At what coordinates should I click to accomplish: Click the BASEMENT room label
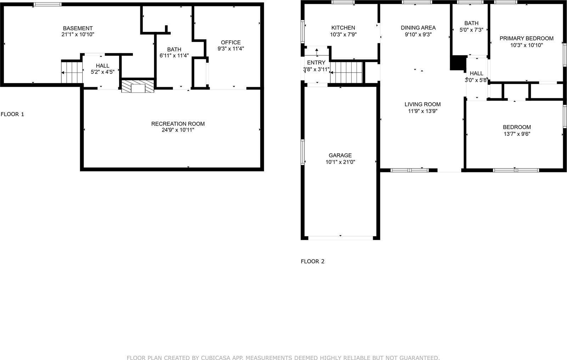point(78,28)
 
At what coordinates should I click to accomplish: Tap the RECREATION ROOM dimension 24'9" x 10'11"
point(178,130)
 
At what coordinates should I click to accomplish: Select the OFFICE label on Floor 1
point(231,42)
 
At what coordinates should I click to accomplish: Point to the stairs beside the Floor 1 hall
point(72,72)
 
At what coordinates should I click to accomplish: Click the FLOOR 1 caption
point(12,114)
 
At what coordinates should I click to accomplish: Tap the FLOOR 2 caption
point(313,261)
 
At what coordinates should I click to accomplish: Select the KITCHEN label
point(343,28)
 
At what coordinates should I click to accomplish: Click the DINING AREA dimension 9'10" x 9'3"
point(418,34)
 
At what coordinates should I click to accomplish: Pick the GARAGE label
point(340,155)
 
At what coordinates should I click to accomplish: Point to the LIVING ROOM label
point(422,104)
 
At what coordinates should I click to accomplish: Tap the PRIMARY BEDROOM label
point(526,38)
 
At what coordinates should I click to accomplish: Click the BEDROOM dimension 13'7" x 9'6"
point(517,134)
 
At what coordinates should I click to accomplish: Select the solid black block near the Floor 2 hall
point(457,63)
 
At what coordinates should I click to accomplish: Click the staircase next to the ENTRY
point(347,72)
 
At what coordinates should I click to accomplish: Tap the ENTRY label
point(316,62)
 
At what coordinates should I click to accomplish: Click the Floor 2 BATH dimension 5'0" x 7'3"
point(471,30)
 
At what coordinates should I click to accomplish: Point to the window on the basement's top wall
point(47,5)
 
